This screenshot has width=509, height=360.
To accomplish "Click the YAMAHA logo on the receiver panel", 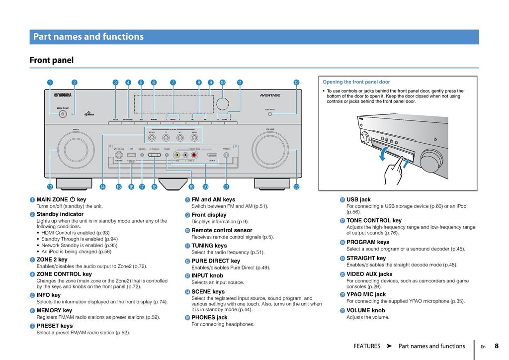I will pyautogui.click(x=63, y=95).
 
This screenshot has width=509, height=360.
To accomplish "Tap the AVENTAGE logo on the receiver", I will pyautogui.click(x=270, y=95).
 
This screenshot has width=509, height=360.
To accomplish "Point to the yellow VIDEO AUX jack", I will pyautogui.click(x=176, y=155).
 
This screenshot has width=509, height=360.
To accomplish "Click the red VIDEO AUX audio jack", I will pyautogui.click(x=194, y=155).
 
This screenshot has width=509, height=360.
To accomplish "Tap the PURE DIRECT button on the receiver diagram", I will pyautogui.click(x=270, y=114).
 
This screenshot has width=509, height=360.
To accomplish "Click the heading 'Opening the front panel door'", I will pyautogui.click(x=356, y=82).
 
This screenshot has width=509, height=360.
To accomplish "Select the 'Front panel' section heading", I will pyautogui.click(x=52, y=60).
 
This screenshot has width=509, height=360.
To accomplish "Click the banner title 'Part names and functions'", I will pyautogui.click(x=88, y=37).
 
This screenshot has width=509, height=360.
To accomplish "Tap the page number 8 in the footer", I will pyautogui.click(x=496, y=346).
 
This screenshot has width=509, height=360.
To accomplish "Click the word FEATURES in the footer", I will pyautogui.click(x=367, y=346).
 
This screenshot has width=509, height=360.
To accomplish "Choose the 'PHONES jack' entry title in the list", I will pyautogui.click(x=209, y=317).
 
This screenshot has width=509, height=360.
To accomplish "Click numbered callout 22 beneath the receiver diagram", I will pyautogui.click(x=296, y=187).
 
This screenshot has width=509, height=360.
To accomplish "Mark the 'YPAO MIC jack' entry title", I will pyautogui.click(x=366, y=294).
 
